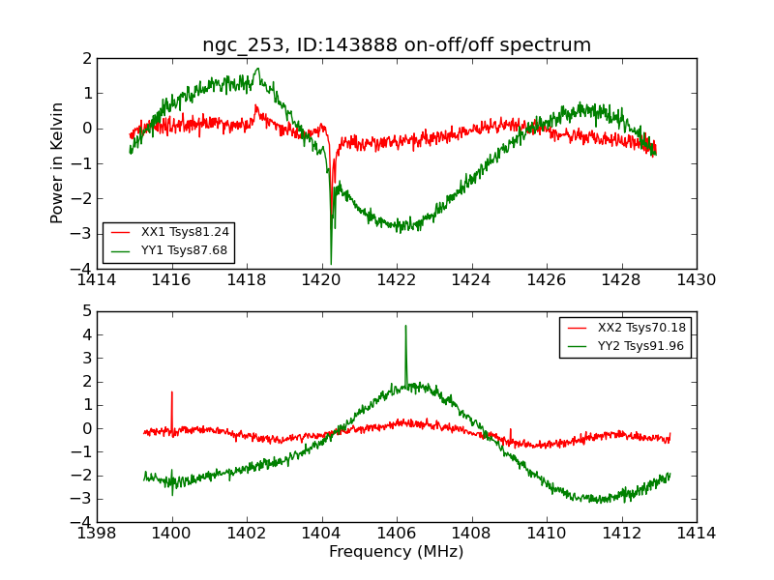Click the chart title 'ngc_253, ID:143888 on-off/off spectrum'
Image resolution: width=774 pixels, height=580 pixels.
[397, 45]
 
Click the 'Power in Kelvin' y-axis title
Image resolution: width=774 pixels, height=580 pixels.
[58, 162]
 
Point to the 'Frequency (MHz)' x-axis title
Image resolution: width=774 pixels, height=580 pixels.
[397, 552]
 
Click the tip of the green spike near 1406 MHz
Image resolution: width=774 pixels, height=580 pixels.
[405, 326]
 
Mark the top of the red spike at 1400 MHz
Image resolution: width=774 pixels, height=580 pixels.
[171, 391]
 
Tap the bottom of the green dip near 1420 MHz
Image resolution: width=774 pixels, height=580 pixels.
[331, 264]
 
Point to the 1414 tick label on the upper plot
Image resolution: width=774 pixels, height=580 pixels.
[97, 280]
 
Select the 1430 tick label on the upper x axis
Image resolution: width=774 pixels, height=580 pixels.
[696, 280]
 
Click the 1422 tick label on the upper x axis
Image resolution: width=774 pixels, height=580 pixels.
[397, 280]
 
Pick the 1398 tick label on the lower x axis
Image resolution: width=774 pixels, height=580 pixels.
[97, 533]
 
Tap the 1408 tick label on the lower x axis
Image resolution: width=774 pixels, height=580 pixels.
[471, 533]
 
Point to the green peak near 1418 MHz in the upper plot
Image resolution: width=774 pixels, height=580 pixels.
[258, 69]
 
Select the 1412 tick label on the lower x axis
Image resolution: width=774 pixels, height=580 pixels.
[621, 533]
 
